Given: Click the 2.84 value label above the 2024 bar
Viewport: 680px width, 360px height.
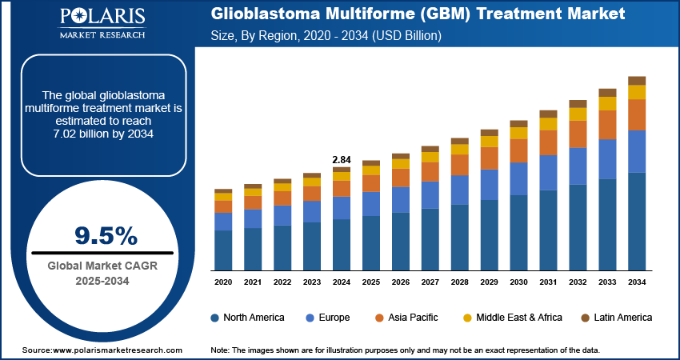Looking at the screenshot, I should point(342,160).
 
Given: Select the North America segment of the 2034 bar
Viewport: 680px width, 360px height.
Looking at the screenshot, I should point(637,222).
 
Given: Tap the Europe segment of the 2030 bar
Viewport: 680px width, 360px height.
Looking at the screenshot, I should point(519,178).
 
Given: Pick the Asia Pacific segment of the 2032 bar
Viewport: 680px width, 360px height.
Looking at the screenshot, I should point(578,134).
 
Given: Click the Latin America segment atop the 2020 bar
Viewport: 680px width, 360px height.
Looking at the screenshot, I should point(223,191).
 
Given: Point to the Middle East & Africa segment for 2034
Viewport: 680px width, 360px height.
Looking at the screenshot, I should point(637,92).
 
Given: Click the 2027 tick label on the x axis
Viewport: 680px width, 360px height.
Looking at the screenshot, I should point(430,282).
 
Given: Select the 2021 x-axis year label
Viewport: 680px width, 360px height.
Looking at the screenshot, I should point(253,282).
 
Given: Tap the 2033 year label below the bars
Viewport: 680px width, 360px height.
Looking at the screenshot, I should point(608,282).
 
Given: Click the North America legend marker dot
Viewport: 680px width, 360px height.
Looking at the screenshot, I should point(215,318).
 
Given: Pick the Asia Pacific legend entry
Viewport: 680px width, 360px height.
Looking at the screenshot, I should point(411,318).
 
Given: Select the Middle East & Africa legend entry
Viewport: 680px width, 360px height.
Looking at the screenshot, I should point(516,318).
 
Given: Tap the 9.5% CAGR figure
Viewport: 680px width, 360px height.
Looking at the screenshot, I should point(106,235).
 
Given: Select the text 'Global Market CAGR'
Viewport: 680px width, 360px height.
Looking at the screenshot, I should point(106,265).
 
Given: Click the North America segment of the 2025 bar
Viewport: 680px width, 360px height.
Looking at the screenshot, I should point(371,242).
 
